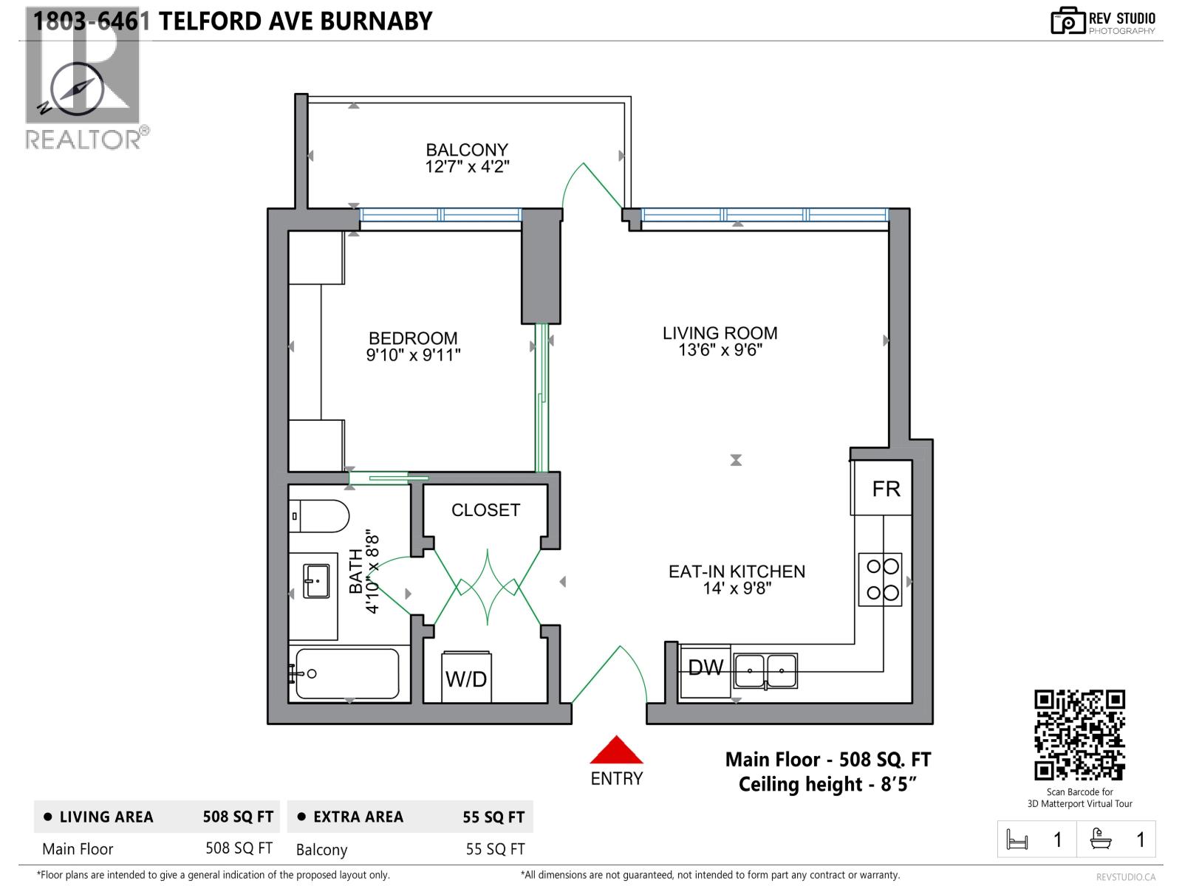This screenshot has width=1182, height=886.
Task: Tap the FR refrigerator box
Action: (x=885, y=489)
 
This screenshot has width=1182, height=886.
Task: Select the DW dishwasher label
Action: (x=705, y=668)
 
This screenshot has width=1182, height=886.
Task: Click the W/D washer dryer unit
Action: (x=466, y=678)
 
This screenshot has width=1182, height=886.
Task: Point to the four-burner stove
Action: (x=881, y=580)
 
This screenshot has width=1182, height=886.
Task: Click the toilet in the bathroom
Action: (x=319, y=516)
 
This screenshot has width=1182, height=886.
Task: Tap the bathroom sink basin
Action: (x=317, y=583)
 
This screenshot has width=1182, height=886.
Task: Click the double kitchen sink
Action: (x=765, y=670)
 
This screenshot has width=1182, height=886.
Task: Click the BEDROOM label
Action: (x=413, y=338)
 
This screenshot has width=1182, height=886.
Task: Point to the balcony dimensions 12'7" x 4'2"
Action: (x=467, y=167)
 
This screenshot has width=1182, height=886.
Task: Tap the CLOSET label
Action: (x=485, y=510)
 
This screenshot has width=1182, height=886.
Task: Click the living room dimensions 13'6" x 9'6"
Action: (x=720, y=350)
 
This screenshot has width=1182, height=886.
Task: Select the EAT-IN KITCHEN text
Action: (x=737, y=571)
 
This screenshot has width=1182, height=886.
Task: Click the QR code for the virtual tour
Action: (x=1079, y=735)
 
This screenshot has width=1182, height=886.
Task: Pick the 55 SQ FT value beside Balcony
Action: (x=495, y=849)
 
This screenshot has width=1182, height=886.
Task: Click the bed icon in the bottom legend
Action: (x=1017, y=840)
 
